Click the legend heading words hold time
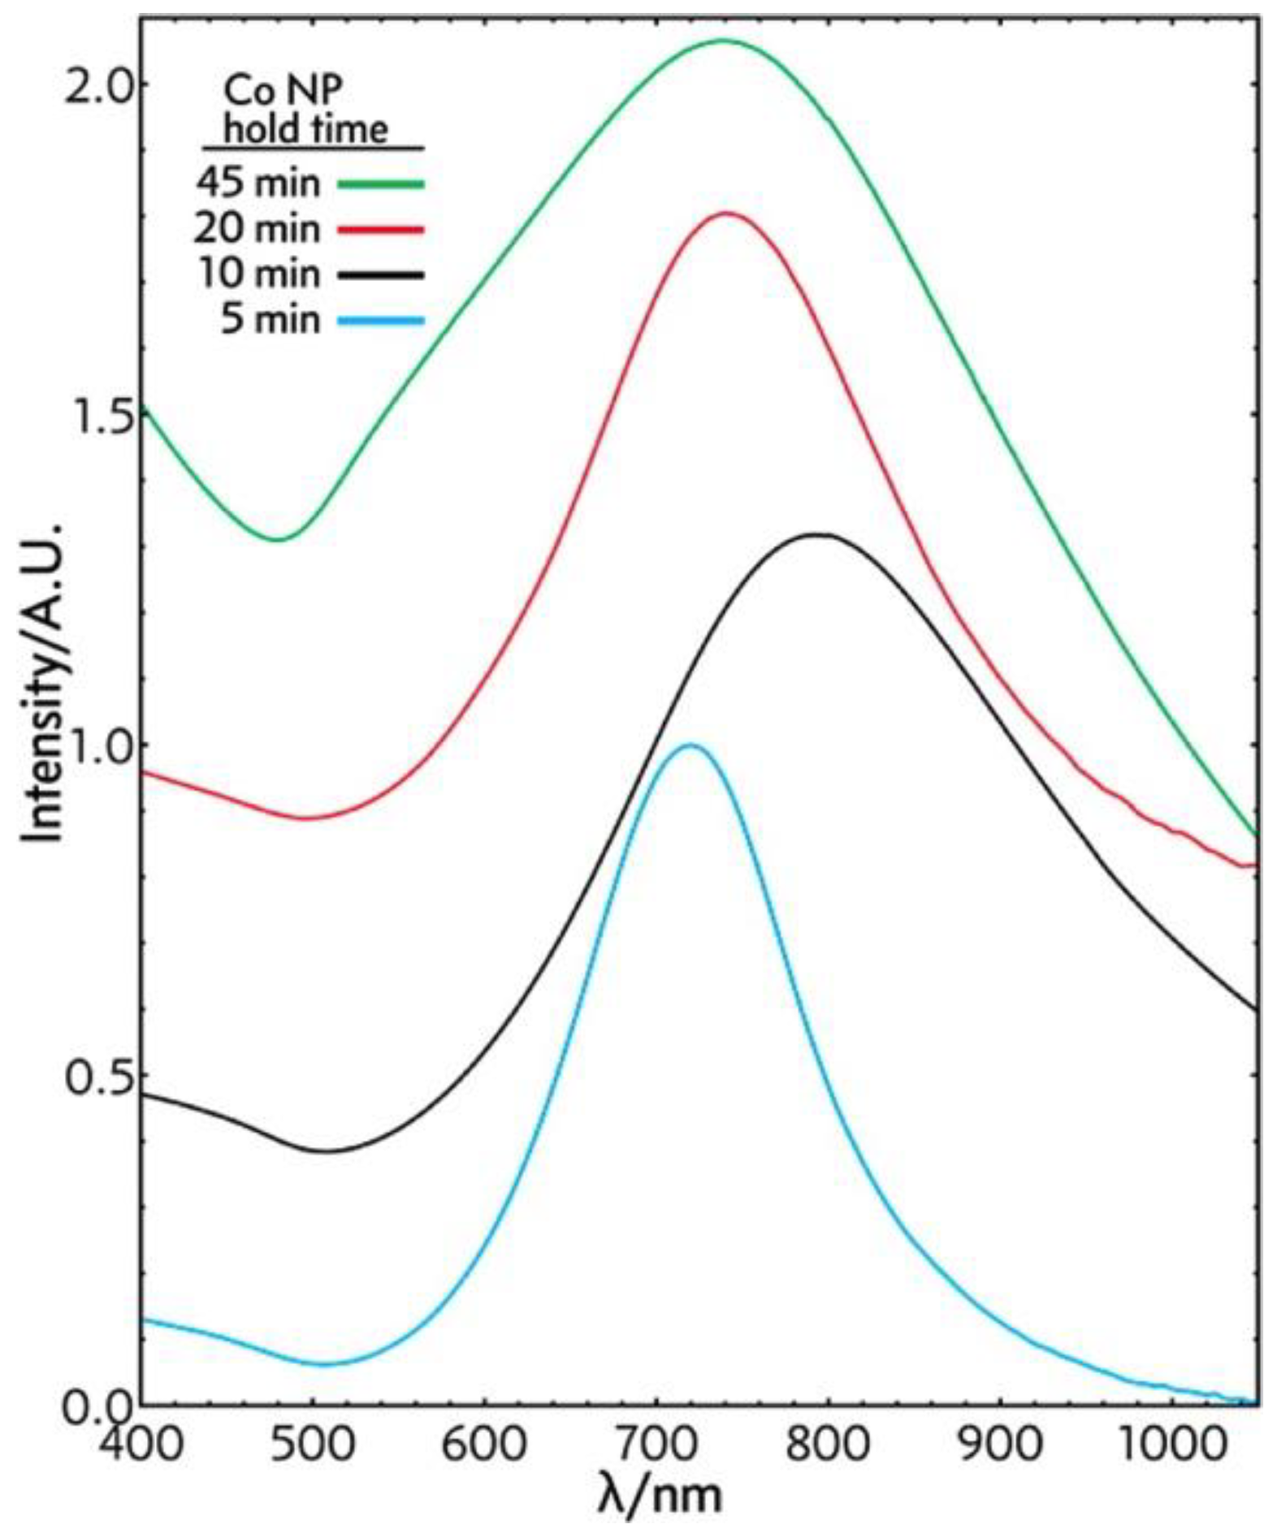306,130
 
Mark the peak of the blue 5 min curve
690,745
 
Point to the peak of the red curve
726,214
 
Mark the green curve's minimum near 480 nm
279,539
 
